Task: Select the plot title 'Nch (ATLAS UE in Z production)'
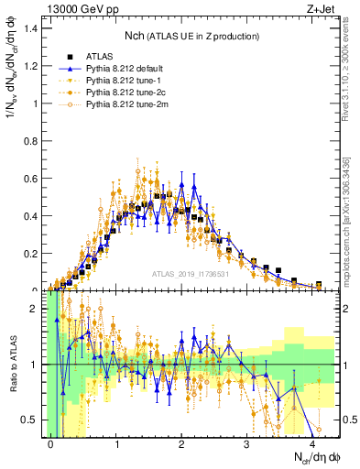(x=191, y=36)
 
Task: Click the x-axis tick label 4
(x=312, y=443)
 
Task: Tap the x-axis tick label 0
(x=51, y=443)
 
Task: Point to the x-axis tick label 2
(x=182, y=443)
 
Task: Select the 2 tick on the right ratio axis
(x=347, y=309)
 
